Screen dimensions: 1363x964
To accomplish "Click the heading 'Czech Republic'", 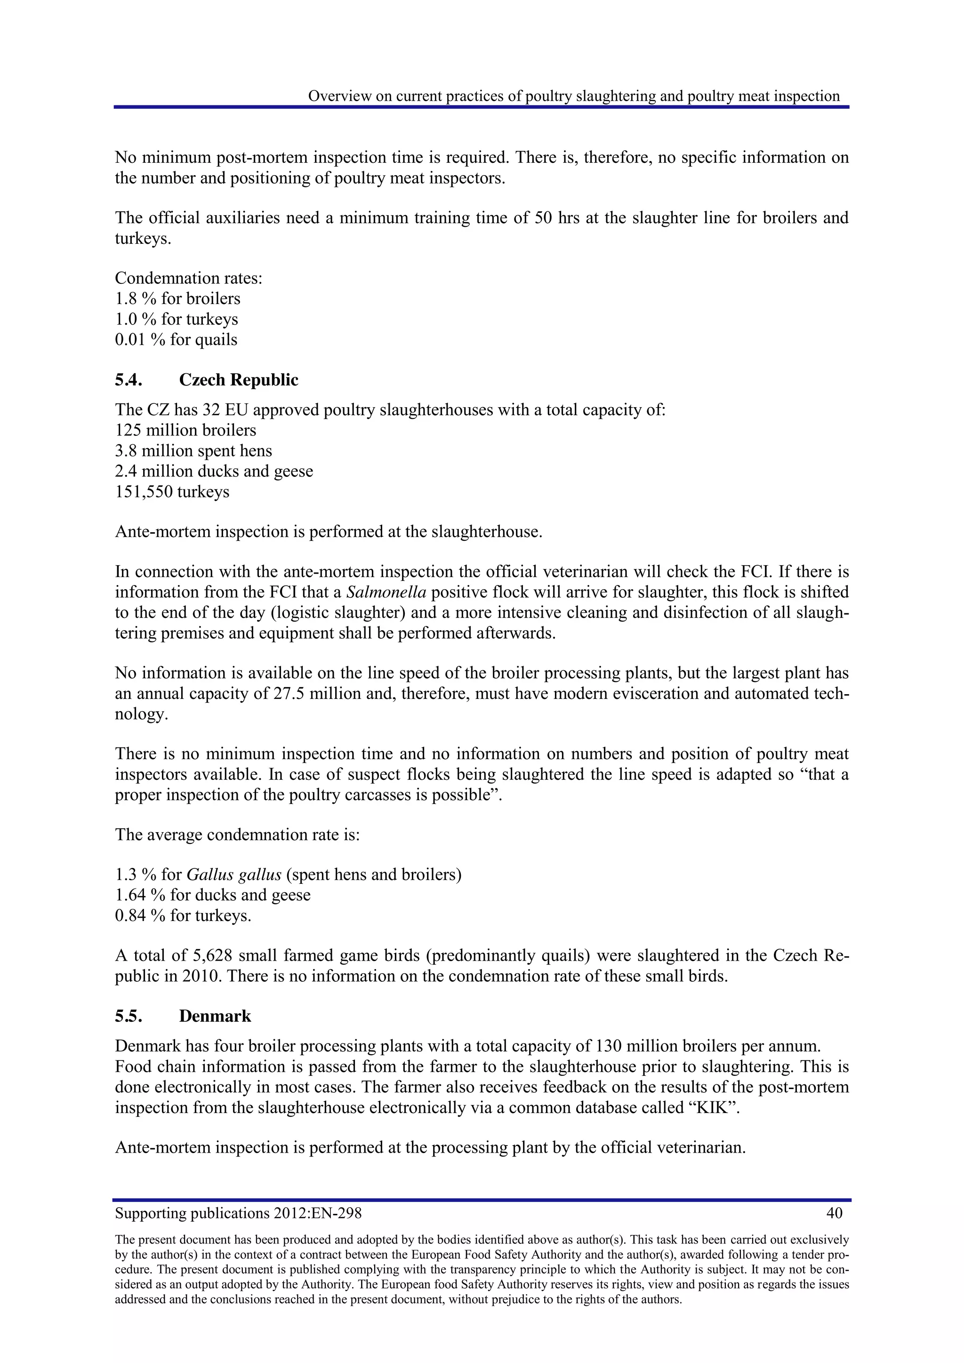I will point(238,380).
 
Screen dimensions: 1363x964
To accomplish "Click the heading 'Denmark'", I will point(215,1016).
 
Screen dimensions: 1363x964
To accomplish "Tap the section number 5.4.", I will point(128,380).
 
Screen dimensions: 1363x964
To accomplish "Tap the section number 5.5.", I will point(128,1016).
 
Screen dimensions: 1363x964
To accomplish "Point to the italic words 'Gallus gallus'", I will point(234,875).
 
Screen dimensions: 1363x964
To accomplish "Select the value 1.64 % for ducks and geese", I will point(140,895).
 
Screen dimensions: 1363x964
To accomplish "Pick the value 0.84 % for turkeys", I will point(140,915).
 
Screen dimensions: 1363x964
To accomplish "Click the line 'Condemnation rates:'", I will point(188,279).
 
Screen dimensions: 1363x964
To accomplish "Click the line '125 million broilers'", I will point(185,430).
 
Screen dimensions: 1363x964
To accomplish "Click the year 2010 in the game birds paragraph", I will point(202,977).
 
